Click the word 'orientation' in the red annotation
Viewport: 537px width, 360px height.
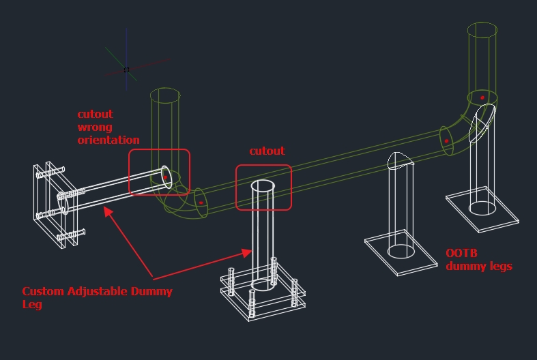click(x=108, y=140)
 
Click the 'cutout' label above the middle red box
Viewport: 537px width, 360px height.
click(x=267, y=151)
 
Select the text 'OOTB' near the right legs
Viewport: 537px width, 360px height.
click(x=461, y=253)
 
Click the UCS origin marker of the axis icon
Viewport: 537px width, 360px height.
click(x=126, y=70)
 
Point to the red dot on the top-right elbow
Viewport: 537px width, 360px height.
click(x=482, y=97)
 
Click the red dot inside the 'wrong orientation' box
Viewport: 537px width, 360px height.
click(x=165, y=177)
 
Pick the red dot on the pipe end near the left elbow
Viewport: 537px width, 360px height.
click(x=201, y=202)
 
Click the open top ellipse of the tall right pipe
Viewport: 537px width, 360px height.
click(x=482, y=31)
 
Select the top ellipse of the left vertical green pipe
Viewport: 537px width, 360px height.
click(x=164, y=95)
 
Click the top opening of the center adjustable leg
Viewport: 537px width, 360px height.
click(x=263, y=186)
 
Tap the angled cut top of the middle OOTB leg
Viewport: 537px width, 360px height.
click(x=400, y=160)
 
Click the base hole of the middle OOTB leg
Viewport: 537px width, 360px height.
click(x=401, y=252)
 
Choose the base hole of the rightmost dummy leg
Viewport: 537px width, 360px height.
click(x=482, y=207)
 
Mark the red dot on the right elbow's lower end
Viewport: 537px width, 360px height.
click(x=447, y=141)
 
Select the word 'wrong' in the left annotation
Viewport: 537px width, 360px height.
click(x=94, y=127)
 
